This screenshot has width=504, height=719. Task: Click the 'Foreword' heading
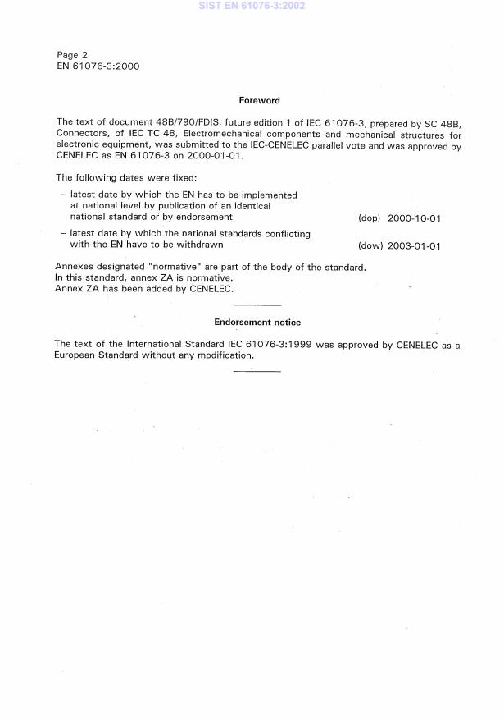point(259,101)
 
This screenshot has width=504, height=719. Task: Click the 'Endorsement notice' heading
point(257,323)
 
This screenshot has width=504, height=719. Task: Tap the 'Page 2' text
point(72,55)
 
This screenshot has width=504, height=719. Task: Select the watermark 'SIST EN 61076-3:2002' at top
point(251,6)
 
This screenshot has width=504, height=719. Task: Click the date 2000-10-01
point(415,218)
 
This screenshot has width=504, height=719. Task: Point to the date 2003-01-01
point(415,245)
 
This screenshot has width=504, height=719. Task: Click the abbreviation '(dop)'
point(370,218)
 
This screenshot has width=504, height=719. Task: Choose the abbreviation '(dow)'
point(370,245)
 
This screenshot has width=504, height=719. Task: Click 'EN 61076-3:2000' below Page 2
point(98,66)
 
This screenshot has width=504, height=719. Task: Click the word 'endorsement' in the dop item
point(205,218)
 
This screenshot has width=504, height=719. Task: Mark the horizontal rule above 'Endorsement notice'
point(257,305)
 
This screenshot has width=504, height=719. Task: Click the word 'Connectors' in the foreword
point(82,133)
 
